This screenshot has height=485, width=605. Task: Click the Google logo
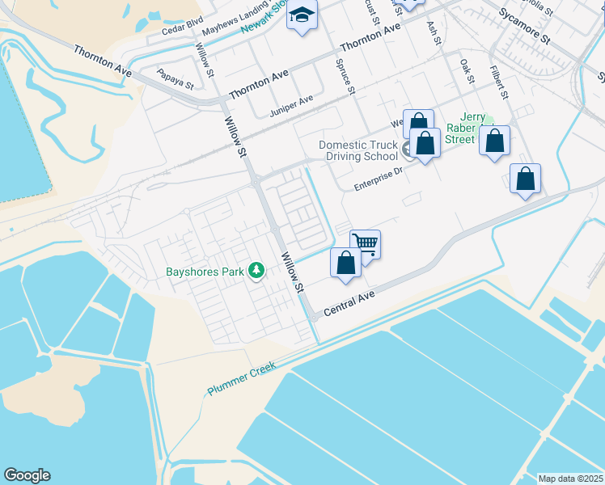tap(27, 475)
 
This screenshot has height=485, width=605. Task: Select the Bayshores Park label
tap(205, 272)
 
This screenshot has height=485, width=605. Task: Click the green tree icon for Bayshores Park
tap(256, 270)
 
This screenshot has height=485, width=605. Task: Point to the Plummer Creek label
tap(242, 377)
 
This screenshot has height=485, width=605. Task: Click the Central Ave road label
tap(349, 304)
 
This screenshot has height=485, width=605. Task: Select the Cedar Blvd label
tap(182, 29)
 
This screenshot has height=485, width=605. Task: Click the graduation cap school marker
tap(302, 15)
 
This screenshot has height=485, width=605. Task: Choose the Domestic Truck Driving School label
tap(357, 150)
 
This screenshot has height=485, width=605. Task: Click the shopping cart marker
tap(366, 243)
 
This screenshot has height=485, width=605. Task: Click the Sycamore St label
tap(524, 37)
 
